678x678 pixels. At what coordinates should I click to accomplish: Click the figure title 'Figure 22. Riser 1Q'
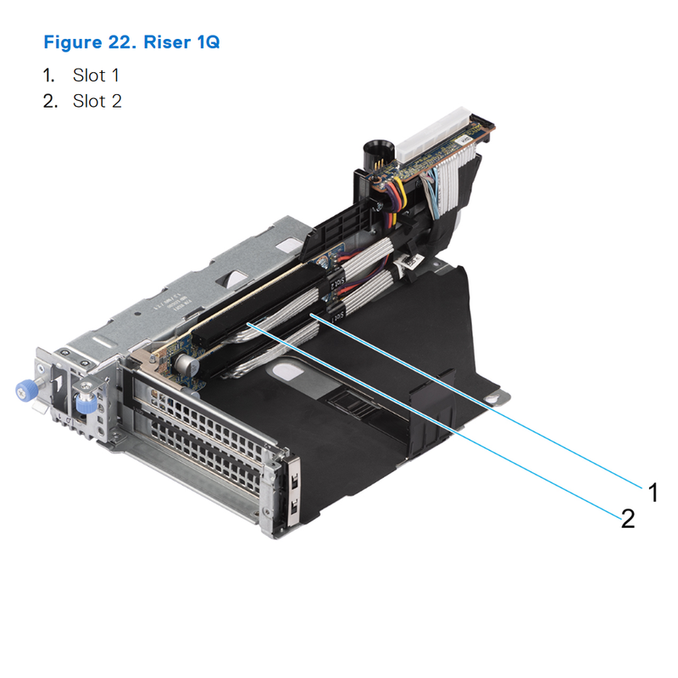[x=131, y=42]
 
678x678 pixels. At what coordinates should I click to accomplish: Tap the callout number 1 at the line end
[x=653, y=491]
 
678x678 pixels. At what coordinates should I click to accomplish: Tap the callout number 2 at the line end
[x=628, y=518]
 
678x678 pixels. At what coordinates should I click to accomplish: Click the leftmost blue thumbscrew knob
[x=23, y=391]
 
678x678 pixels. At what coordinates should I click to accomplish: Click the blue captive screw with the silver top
[x=84, y=404]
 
